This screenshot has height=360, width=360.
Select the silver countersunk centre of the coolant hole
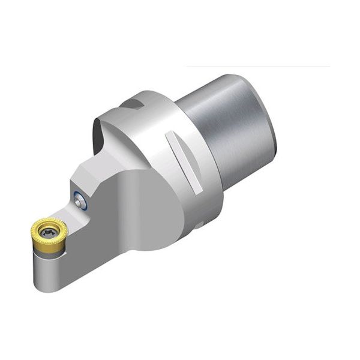79,199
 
